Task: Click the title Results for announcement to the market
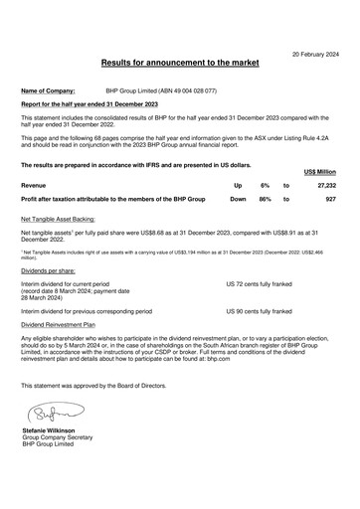(180, 63)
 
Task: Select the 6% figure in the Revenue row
(265, 185)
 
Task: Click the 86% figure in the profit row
(265, 199)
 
